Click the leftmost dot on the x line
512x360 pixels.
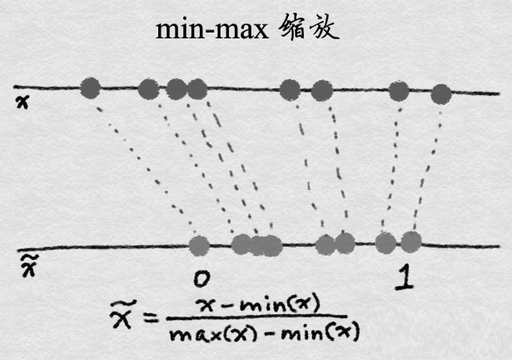(x=90, y=87)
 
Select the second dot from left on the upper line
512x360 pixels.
(x=149, y=87)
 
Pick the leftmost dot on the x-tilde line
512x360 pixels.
(x=199, y=244)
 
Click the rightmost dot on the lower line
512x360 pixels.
(x=410, y=242)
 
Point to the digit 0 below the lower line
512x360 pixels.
(x=199, y=277)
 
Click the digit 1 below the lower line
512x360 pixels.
(x=403, y=277)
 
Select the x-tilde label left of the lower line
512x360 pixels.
(x=26, y=264)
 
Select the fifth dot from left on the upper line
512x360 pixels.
(x=290, y=87)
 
